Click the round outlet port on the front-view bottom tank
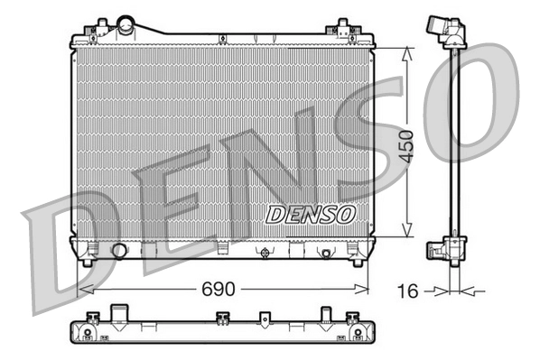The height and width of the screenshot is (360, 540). [118, 250]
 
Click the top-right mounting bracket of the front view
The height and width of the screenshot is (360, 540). [344, 29]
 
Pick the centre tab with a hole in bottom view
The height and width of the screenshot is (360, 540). [264, 318]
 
